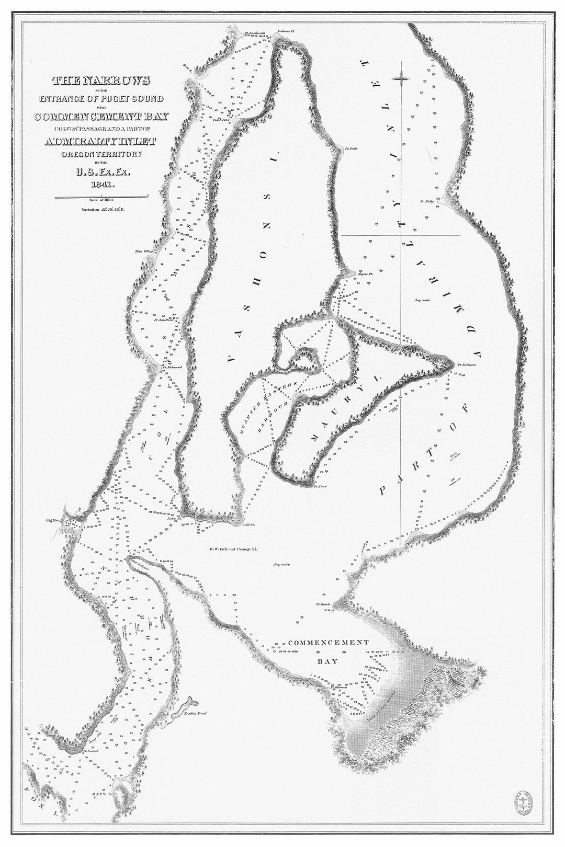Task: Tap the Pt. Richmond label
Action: (x=172, y=367)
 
